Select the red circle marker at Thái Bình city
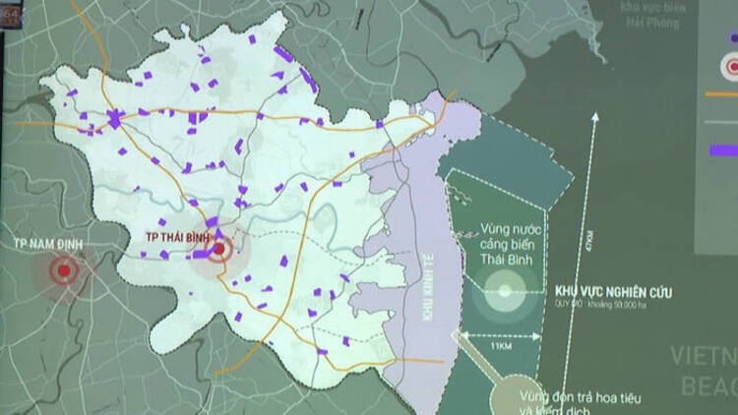[x=218, y=250]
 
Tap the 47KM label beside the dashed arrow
[x=587, y=238]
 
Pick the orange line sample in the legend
[x=722, y=95]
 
